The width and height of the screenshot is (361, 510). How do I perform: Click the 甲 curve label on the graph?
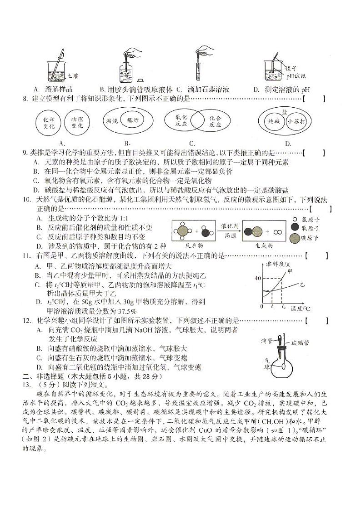290,272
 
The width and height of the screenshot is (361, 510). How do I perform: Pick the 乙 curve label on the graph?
302,284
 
